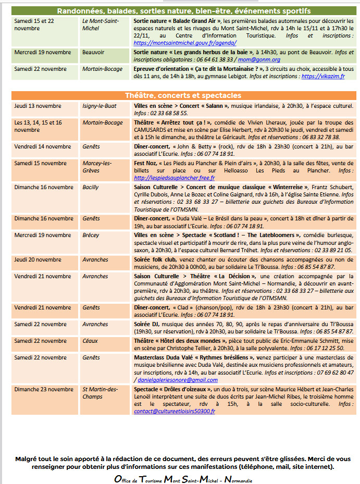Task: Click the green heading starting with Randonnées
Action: point(183,11)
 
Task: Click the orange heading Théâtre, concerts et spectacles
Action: point(183,95)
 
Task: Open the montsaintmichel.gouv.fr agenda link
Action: point(185,43)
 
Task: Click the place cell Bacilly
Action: point(90,187)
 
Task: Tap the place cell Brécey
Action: point(91,235)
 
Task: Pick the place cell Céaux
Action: point(90,341)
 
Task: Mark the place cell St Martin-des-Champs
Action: point(100,393)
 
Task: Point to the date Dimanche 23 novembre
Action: point(44,389)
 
